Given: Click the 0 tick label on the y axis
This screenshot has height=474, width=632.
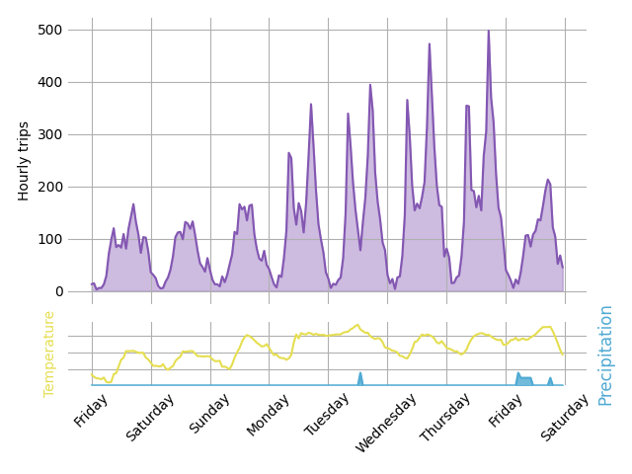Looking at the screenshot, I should (58, 291).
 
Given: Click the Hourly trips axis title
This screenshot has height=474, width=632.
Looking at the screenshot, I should (24, 161).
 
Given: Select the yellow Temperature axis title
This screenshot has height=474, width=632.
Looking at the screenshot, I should (49, 354).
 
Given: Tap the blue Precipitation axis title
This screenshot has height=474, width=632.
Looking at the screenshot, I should (605, 355).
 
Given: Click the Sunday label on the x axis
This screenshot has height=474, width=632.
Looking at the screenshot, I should (208, 414).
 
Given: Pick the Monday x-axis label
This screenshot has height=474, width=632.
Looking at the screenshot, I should (268, 414).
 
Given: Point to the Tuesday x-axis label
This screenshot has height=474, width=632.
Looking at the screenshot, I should (327, 415).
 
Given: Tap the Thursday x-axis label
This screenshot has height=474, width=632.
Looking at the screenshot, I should (443, 418).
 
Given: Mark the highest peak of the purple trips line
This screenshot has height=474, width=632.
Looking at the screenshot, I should (488, 31).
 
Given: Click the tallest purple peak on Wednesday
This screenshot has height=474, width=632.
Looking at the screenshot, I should (429, 44).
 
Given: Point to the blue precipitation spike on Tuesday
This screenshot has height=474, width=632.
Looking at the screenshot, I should (360, 374).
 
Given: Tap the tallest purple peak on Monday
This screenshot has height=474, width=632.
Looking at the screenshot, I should (311, 105).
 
